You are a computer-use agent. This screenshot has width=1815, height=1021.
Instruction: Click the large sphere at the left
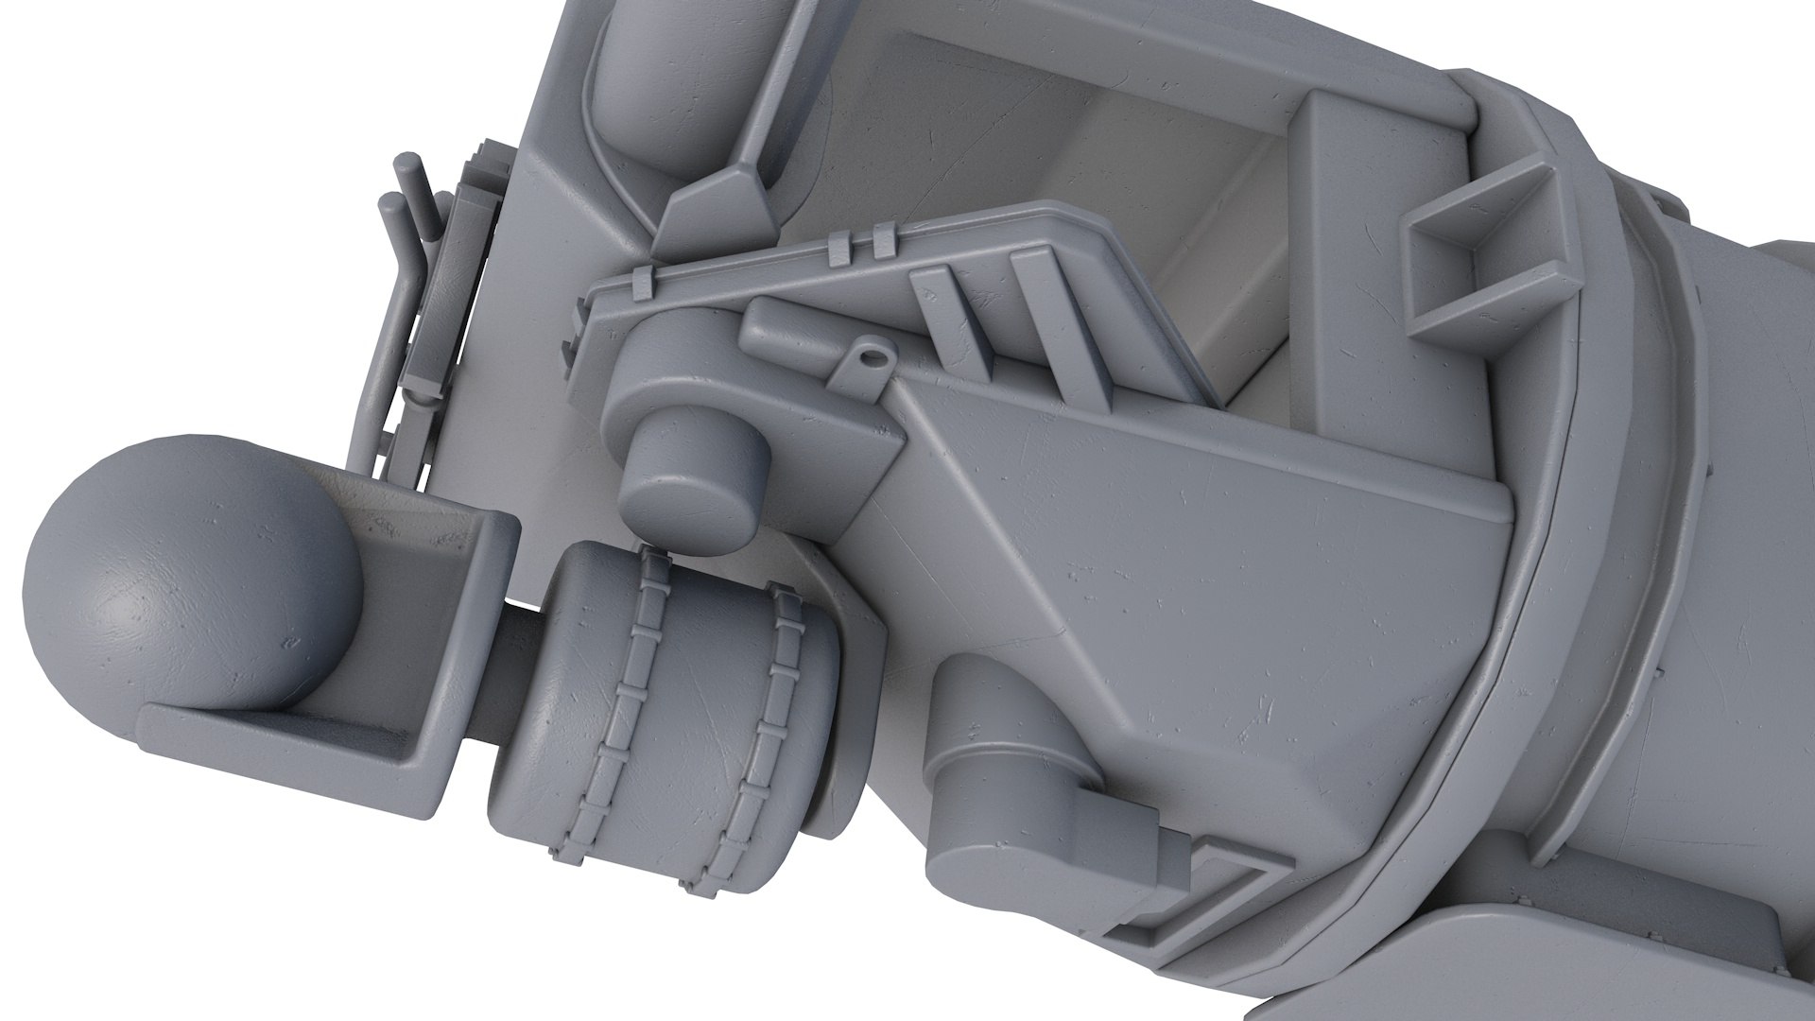(189, 586)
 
